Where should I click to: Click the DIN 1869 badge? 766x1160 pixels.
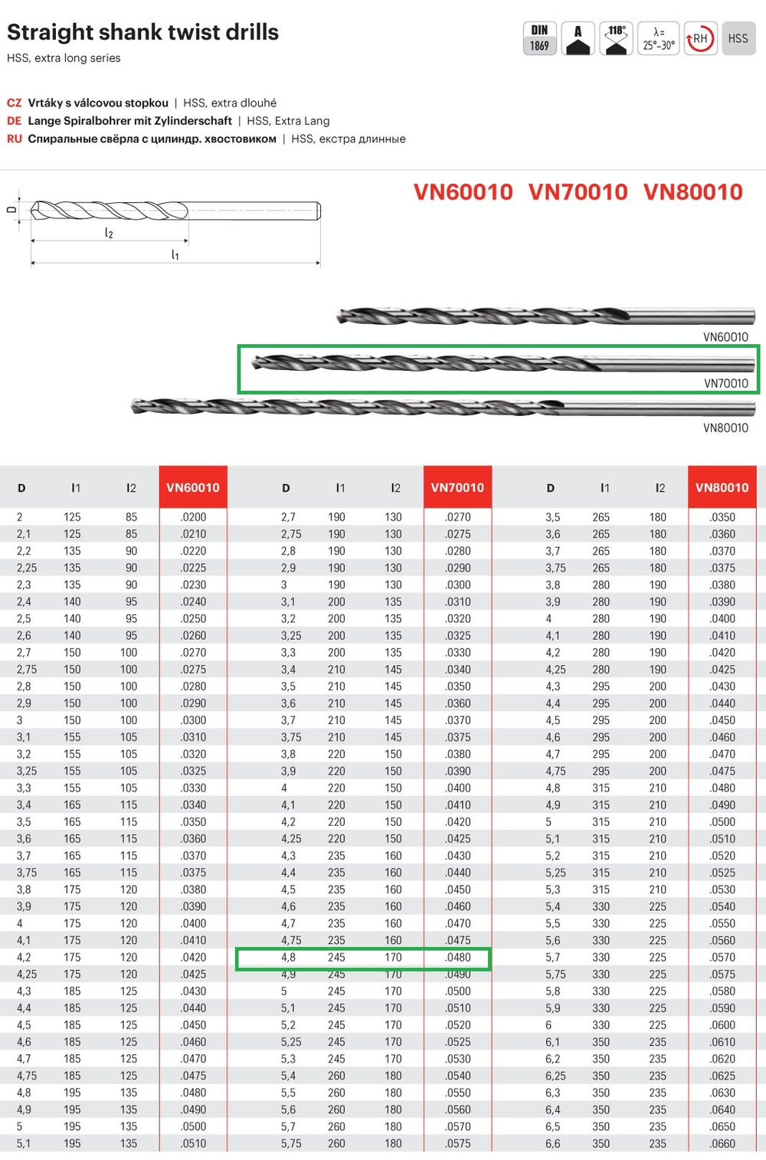point(539,38)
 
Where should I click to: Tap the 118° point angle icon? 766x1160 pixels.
point(617,38)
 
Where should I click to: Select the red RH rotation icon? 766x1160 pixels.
point(699,38)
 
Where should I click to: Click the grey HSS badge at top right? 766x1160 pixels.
point(738,38)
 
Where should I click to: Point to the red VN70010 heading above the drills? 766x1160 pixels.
point(578,192)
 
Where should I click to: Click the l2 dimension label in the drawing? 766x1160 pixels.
point(109,233)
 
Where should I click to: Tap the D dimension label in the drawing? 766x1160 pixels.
point(11,208)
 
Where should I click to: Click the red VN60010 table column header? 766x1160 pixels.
point(193,487)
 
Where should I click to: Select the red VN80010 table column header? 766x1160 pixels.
point(722,487)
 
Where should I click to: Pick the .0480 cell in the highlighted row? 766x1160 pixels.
point(457,957)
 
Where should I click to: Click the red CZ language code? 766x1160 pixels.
point(14,103)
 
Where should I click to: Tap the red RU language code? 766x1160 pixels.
point(14,139)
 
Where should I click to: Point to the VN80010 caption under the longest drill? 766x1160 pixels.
point(725,428)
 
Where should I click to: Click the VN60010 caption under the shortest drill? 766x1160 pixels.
point(725,337)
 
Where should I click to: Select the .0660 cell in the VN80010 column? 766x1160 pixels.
point(722,1143)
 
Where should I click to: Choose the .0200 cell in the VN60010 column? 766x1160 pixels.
point(193,517)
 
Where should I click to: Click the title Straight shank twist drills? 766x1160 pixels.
point(142,32)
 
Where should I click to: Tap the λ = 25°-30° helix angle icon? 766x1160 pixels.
point(658,38)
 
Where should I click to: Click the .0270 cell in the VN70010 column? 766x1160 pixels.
point(457,517)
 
